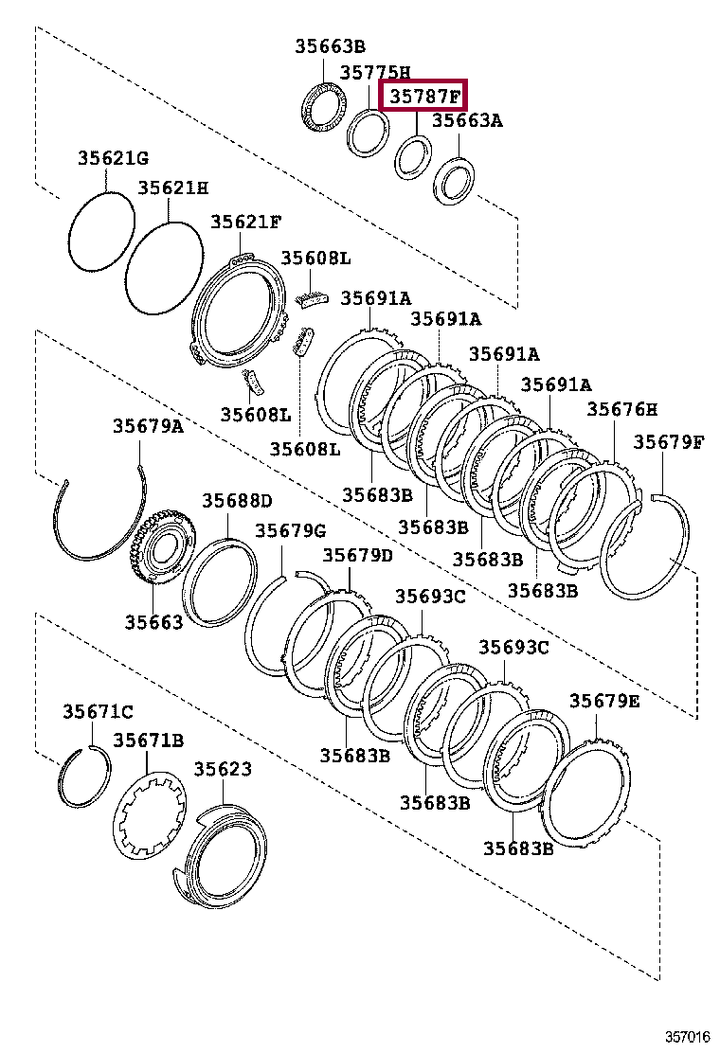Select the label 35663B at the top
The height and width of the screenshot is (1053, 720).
click(329, 46)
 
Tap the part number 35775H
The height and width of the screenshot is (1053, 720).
click(375, 72)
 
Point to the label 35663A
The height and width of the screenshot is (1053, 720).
click(467, 120)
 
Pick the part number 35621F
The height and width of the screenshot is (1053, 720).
click(245, 222)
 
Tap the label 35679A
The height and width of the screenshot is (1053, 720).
click(148, 426)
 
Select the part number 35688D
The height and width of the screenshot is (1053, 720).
click(236, 500)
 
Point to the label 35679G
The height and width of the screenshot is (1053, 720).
click(290, 530)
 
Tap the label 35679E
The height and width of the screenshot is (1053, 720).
click(604, 701)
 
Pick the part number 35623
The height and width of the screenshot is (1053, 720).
click(224, 769)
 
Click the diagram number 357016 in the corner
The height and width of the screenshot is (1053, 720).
click(686, 1038)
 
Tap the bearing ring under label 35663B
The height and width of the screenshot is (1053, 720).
click(323, 107)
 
